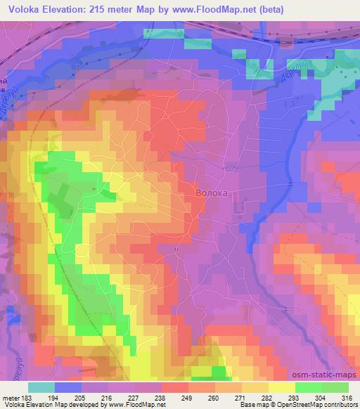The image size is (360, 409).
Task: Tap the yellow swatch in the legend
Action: pyautogui.click(x=282, y=388)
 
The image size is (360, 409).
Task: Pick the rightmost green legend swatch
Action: pyautogui.click(x=335, y=388)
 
